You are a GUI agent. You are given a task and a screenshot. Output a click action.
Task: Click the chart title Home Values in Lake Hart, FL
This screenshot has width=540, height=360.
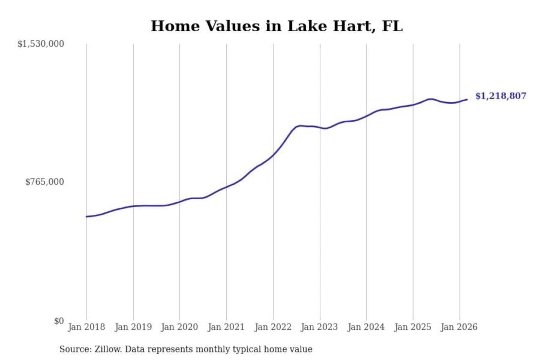coord(277,26)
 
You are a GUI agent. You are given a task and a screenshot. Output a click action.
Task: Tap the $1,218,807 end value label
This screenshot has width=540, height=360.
coord(501,96)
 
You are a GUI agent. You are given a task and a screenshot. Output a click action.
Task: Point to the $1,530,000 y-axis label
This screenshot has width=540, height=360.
coord(41,44)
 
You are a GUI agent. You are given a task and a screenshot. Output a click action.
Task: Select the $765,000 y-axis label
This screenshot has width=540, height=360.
coord(45,182)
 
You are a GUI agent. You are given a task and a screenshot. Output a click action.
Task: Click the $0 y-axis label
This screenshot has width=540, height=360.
coord(59,321)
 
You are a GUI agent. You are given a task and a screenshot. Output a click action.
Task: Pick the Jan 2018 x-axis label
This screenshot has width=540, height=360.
coord(86,327)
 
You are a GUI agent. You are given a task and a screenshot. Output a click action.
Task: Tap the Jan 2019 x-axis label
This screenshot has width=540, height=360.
coord(133,327)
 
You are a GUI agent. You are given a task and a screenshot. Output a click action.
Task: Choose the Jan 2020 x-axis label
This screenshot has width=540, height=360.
coord(179,327)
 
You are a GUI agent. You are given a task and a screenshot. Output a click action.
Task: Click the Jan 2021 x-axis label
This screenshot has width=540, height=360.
coord(226,327)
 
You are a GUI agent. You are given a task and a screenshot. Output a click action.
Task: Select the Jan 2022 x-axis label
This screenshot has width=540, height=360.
coord(273,327)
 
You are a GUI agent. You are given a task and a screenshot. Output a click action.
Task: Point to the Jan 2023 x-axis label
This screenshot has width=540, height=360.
coord(319,327)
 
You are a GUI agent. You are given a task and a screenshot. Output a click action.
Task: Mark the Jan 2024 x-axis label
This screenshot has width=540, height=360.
coord(366,327)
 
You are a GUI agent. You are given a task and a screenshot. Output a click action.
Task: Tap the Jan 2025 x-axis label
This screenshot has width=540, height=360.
coord(413,327)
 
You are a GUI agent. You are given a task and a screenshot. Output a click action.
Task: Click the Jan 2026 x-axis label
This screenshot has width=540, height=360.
coord(459,327)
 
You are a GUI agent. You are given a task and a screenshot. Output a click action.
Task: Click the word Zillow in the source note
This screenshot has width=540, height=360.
coord(108,349)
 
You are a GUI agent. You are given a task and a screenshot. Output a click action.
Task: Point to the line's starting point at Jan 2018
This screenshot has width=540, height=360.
coord(87,216)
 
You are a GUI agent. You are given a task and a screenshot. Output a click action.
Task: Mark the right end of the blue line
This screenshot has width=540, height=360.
coord(467,99)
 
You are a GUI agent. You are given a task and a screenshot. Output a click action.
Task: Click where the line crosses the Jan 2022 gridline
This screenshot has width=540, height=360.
coord(273,154)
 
